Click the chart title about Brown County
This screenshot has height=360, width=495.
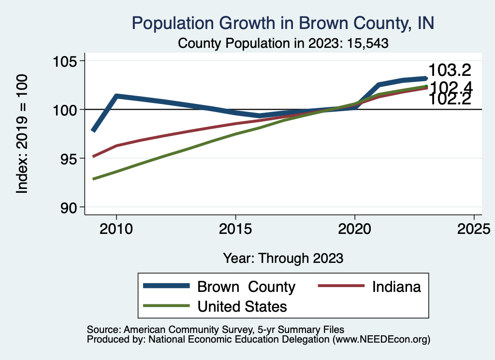283,23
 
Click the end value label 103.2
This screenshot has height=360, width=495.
450,71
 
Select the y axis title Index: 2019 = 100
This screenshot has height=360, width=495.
22,134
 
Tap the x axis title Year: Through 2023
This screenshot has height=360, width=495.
283,258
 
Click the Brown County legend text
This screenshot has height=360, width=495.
246,287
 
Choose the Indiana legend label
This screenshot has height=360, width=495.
396,287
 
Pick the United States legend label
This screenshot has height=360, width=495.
242,306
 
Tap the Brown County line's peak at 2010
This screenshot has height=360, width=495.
116,96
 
